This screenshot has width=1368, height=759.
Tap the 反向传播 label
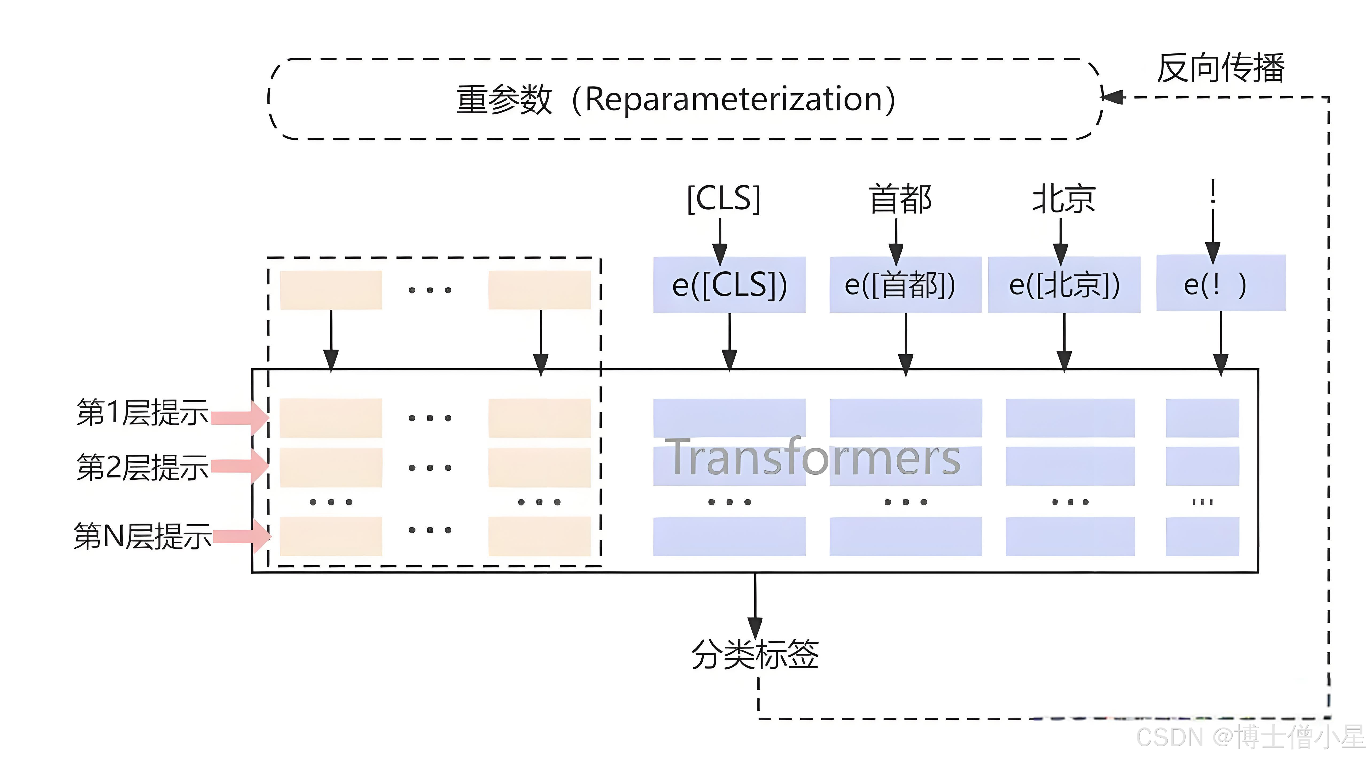pos(1220,68)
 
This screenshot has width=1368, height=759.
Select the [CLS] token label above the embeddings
pos(723,199)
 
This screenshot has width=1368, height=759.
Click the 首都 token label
pos(900,199)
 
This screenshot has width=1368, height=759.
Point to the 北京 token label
pos(1064,199)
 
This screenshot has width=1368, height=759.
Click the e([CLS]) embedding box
pos(729,285)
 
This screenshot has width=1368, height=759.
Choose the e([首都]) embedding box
pos(905,285)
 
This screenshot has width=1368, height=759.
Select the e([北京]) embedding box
pos(1064,285)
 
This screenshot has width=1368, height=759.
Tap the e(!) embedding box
pos(1220,283)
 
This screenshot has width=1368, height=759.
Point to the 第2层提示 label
pos(142,467)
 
